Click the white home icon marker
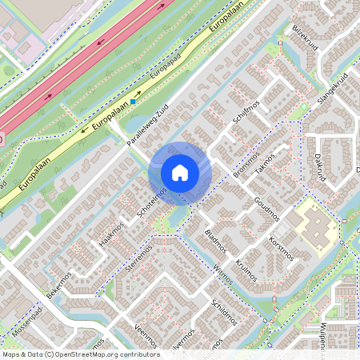[x=179, y=173]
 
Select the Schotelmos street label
[x=151, y=205]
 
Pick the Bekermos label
[x=59, y=285]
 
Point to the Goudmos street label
[x=266, y=206]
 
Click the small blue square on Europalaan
[x=134, y=102]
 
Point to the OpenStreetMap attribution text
[x=80, y=354]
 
